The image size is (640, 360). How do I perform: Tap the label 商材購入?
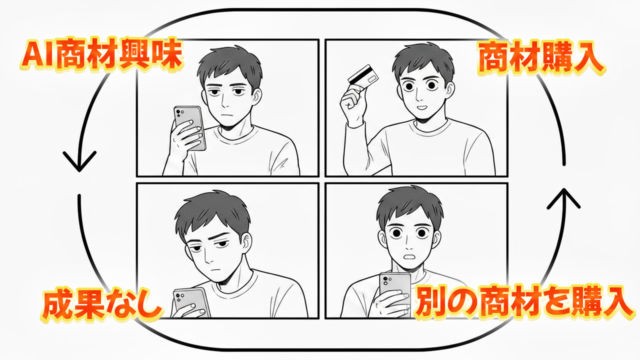pos(541,58)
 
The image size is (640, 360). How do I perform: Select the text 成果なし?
pos(102,305)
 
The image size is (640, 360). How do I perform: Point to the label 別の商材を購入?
pos(523,302)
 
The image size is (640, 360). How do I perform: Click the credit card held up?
pos(363,75)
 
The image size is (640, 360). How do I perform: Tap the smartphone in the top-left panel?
pos(189,127)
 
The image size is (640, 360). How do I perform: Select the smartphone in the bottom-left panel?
pos(191,302)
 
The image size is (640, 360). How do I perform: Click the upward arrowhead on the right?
pos(563,198)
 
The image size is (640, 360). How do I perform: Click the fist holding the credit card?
pos(353,104)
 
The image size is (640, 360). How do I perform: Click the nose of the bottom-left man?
pos(209,258)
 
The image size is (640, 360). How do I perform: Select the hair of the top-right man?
pos(422,60)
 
